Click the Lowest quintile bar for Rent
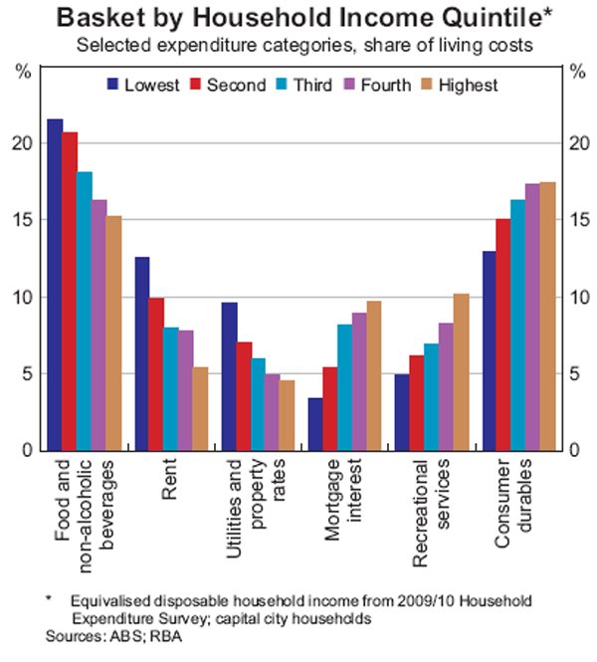(x=142, y=353)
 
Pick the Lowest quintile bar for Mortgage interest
(x=315, y=424)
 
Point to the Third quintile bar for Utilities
(x=259, y=404)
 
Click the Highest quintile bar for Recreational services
(x=461, y=372)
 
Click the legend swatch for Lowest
(x=112, y=85)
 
